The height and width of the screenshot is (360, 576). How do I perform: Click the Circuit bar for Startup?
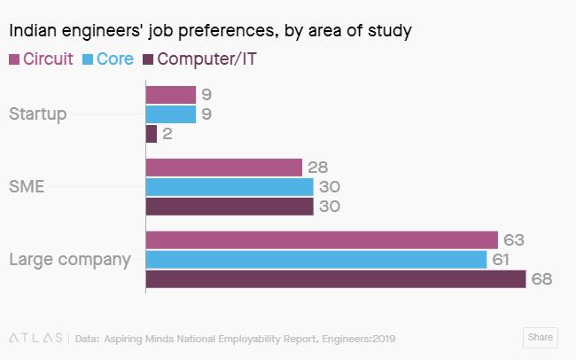[170, 95]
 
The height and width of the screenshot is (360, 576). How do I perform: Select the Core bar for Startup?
[170, 114]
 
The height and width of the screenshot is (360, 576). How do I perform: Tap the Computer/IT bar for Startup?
[151, 134]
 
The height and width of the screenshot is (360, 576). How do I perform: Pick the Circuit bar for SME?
[223, 168]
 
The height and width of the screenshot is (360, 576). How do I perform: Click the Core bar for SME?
[229, 187]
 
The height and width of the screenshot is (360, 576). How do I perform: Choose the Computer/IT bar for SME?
[229, 207]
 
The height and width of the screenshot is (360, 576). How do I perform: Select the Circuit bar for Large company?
[322, 240]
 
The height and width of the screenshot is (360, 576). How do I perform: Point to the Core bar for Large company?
[316, 260]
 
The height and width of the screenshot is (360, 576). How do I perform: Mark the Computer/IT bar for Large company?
[336, 279]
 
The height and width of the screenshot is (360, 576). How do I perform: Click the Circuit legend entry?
[42, 59]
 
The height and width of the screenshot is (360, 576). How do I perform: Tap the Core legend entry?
[108, 59]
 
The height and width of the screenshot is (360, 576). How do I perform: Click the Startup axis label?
[37, 114]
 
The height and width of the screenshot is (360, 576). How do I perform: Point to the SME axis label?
[26, 187]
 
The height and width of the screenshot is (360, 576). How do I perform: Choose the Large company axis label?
[69, 260]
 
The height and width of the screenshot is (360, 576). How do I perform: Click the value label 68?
[541, 279]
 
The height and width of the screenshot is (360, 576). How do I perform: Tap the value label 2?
[167, 134]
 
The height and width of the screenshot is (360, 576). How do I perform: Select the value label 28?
[316, 168]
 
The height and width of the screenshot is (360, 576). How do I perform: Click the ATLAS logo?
[35, 337]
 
